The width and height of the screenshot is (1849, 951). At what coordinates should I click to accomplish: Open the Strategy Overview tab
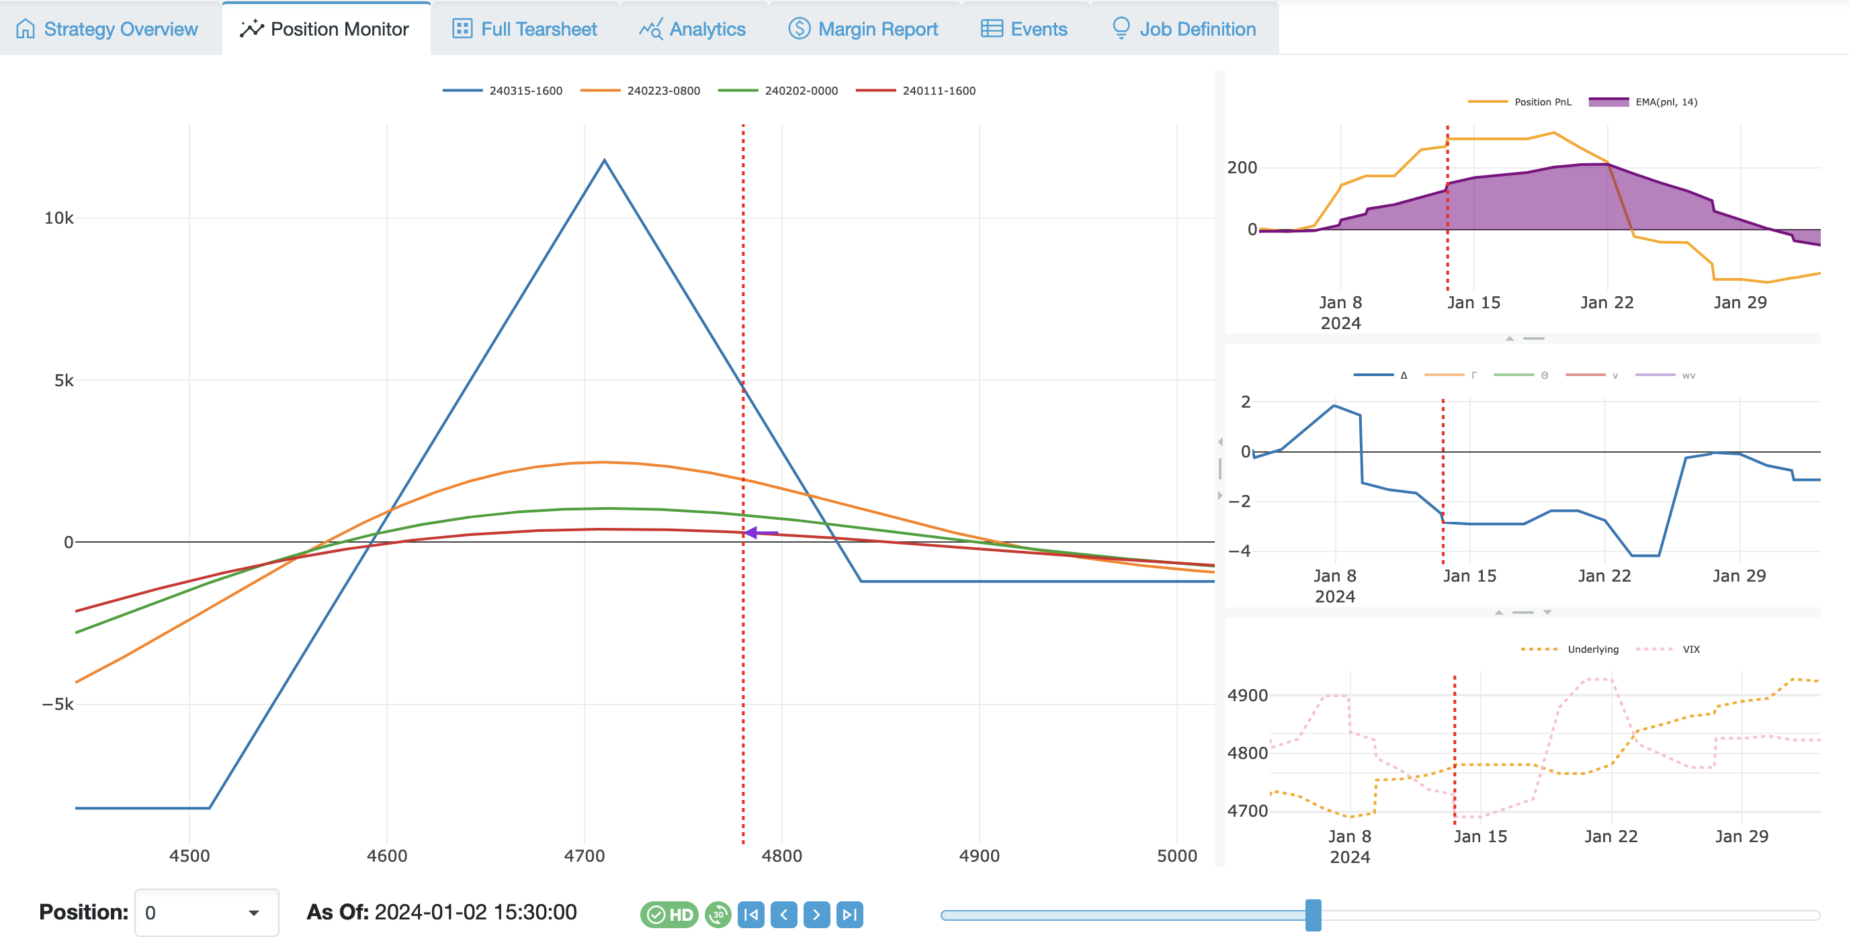(107, 29)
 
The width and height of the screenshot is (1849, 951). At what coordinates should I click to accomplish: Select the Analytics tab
(693, 29)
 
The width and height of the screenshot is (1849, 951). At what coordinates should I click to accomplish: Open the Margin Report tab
(863, 29)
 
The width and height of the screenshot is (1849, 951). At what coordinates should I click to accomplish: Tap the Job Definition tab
(1185, 29)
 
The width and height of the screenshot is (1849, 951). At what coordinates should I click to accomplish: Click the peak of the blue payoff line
(605, 160)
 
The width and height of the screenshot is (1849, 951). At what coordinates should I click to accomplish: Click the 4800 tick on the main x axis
(781, 856)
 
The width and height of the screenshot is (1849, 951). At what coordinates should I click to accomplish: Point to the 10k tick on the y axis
(59, 218)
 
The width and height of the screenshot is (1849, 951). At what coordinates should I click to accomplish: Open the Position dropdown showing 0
(206, 913)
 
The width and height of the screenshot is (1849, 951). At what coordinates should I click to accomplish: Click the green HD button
(669, 914)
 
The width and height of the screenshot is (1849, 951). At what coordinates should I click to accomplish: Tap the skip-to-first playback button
(750, 914)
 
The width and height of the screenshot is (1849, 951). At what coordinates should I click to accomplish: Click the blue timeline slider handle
(1313, 915)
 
